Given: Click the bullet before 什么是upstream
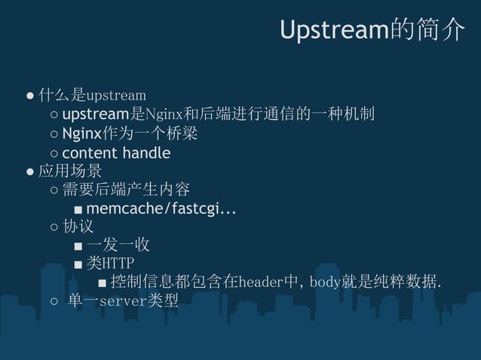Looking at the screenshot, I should pos(30,96).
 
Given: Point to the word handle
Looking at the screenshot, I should pos(146,153).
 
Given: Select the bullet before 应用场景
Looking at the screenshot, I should pos(30,172).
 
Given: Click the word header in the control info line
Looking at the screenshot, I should pos(259,282).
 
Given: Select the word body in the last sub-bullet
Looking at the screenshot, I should pos(325,282).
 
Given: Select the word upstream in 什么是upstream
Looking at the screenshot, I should pos(116,96).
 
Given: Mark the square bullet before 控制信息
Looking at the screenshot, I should pos(102,283).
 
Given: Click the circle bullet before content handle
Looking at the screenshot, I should pos(54,154).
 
